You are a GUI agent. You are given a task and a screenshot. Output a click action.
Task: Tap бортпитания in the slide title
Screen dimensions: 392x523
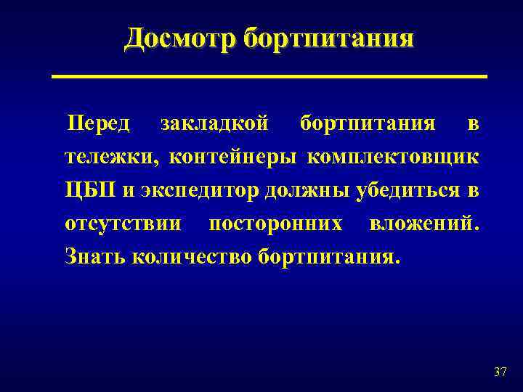(328, 38)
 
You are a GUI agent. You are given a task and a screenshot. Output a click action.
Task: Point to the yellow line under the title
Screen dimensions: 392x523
(269, 76)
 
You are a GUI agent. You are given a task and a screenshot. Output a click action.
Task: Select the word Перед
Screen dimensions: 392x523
(98, 123)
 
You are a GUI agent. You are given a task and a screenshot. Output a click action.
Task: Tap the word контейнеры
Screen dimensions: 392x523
(236, 157)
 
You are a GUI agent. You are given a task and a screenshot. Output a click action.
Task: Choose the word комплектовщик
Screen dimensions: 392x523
(393, 157)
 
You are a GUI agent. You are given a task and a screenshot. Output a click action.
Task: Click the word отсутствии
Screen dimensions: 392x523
(123, 224)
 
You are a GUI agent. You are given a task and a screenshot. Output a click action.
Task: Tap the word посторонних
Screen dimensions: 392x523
(275, 224)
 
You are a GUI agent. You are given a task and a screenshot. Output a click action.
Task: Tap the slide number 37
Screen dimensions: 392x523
(500, 372)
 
